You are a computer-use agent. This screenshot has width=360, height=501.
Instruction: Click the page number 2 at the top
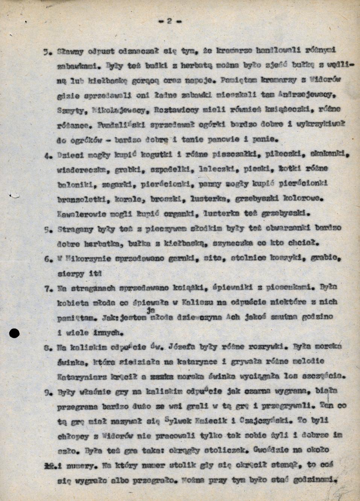(x=169, y=21)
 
